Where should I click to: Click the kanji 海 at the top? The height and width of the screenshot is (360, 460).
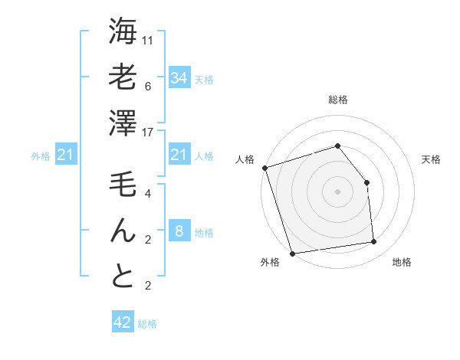(123, 32)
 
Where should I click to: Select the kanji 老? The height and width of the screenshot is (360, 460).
(123, 77)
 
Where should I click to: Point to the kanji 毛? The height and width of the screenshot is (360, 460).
(123, 185)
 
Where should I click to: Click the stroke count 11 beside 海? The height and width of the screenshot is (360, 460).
(148, 40)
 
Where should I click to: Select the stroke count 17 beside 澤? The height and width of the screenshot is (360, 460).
(148, 131)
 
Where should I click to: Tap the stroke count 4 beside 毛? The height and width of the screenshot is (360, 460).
(148, 193)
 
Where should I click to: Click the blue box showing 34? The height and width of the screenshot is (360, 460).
(179, 78)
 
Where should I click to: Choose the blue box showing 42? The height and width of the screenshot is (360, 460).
(123, 322)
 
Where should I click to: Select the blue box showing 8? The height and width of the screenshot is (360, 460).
(179, 231)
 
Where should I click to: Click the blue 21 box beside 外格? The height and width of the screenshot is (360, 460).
(65, 155)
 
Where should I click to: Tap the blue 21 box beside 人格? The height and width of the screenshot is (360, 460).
(179, 155)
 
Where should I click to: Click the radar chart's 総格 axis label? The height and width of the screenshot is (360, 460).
(337, 100)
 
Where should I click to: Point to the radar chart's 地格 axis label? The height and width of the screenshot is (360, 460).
(402, 263)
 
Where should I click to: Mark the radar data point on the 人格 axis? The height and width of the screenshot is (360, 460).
(264, 168)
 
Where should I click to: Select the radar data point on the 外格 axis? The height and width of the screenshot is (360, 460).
(292, 253)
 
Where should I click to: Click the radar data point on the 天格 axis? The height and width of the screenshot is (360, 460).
(366, 182)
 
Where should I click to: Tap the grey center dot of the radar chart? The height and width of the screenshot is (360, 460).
(337, 191)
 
